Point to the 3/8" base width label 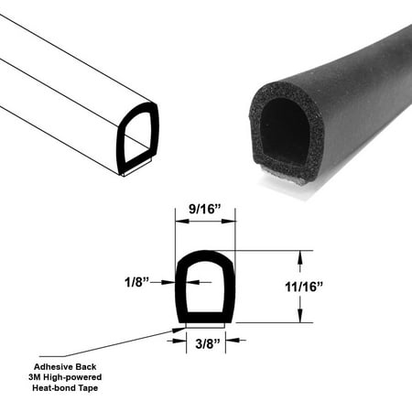tap(205, 344)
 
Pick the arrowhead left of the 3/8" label tap(181, 340)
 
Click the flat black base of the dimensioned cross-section tap(205, 316)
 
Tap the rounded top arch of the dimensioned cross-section tap(205, 256)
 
